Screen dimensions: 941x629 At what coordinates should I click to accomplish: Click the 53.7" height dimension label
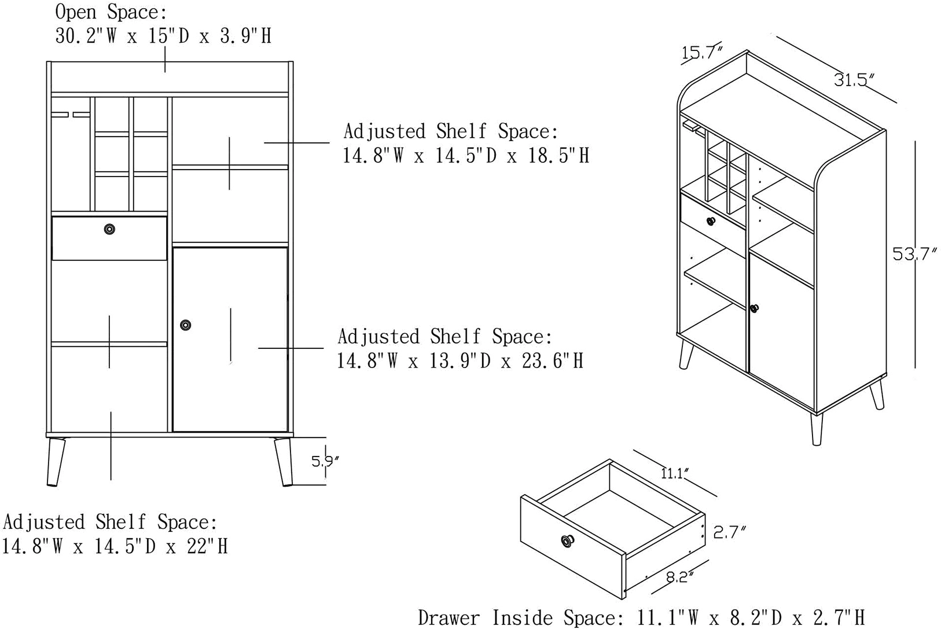pos(914,254)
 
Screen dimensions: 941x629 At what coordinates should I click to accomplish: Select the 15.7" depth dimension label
pos(702,53)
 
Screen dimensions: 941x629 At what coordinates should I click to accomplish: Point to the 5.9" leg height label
pos(325,461)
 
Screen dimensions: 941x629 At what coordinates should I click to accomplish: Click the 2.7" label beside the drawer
pos(730,532)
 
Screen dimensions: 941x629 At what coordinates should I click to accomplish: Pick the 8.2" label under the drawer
pos(680,577)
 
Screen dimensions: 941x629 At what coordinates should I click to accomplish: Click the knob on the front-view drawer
pos(109,229)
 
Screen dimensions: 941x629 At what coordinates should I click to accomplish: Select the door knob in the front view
pos(185,325)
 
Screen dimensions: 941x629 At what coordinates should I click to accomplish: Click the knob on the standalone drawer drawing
pos(568,541)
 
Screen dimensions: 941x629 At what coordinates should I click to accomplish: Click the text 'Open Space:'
pos(111,12)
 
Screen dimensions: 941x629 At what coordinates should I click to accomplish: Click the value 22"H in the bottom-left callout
pos(207,546)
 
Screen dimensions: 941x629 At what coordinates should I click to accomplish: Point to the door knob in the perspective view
pos(754,308)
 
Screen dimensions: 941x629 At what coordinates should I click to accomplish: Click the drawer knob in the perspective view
pos(711,220)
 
